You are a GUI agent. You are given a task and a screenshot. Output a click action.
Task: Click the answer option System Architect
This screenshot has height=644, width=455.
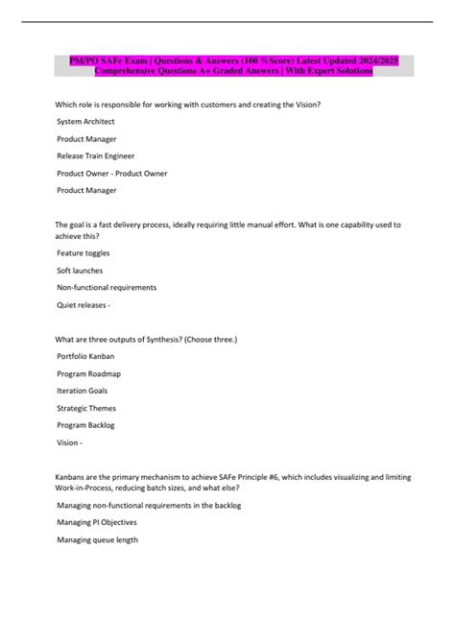pos(85,122)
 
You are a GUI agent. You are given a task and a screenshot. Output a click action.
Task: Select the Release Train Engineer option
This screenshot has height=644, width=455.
pos(95,155)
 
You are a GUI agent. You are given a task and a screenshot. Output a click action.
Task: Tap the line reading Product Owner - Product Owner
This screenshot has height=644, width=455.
pos(111,173)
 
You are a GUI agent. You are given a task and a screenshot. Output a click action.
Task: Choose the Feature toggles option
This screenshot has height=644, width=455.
pos(84,252)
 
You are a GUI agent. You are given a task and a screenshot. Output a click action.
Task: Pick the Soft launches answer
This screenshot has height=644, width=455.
pos(81,270)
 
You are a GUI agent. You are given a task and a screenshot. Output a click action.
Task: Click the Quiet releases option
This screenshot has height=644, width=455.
pos(84,304)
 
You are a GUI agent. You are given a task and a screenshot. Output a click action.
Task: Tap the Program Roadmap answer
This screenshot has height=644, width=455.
pos(89,373)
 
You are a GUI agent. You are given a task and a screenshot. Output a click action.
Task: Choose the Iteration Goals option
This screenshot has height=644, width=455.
pos(83,391)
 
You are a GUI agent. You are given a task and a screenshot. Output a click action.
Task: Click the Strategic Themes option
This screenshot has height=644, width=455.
pos(86,408)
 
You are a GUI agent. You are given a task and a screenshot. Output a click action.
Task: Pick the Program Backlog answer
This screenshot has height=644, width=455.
pos(86,425)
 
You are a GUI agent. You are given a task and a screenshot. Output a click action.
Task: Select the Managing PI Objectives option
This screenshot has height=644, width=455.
pos(97,522)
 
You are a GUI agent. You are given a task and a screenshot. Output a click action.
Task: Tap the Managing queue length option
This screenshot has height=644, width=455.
pos(97,539)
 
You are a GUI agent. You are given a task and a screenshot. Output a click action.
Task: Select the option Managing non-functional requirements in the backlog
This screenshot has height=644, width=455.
pos(149,505)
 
